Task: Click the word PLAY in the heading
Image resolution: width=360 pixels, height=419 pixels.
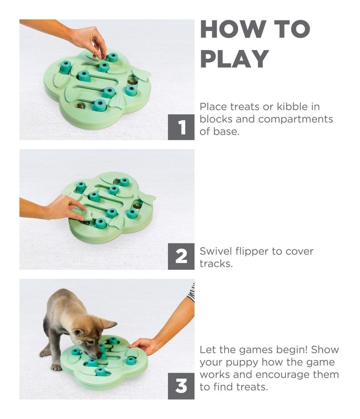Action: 234,59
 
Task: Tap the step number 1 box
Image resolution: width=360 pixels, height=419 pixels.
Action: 181,127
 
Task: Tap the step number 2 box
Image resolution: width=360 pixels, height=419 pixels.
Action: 181,257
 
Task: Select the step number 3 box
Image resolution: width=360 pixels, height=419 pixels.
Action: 181,386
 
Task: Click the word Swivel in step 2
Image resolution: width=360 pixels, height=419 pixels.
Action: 216,251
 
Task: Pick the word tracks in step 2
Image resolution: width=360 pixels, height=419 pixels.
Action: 216,264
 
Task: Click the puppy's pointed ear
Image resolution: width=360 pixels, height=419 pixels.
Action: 108,324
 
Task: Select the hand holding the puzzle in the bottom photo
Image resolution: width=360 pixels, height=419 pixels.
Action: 144,346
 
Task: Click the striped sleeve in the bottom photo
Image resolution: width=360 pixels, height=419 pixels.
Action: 191,292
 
